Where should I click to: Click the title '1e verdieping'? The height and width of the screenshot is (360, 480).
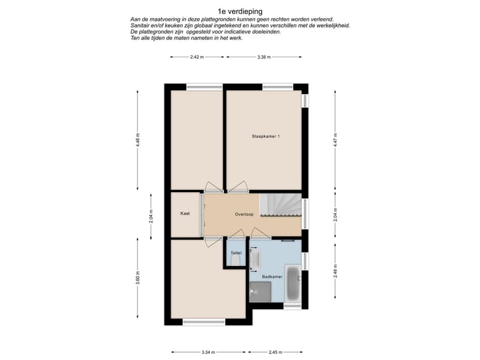[x=239, y=11]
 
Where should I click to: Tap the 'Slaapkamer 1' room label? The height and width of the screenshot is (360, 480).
[x=265, y=137]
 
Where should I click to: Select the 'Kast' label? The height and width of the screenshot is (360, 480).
[x=185, y=214]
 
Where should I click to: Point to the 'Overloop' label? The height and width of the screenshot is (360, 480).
[x=245, y=215]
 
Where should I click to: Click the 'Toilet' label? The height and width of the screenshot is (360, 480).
[x=235, y=253]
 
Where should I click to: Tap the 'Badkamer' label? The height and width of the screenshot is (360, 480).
[x=271, y=275]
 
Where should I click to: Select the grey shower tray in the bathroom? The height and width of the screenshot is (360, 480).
[x=261, y=291]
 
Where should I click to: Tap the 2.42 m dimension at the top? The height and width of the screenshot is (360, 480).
[x=196, y=57]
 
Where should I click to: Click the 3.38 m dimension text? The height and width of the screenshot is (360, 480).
[x=263, y=57]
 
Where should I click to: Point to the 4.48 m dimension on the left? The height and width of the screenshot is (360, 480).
[x=138, y=141]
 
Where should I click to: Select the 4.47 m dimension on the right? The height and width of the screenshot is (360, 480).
[x=337, y=141]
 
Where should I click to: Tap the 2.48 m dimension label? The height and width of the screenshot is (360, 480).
[x=337, y=271]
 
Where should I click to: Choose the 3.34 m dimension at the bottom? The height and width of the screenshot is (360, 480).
[x=207, y=352]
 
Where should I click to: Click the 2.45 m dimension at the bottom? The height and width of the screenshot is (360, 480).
[x=277, y=352]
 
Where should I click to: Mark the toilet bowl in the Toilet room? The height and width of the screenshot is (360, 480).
[x=235, y=262]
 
